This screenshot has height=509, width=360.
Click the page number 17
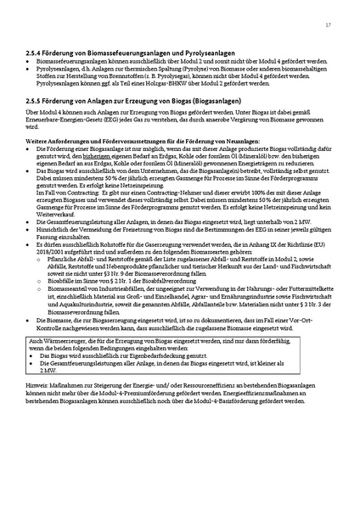(x=328, y=25)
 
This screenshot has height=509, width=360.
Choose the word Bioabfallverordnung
(x=136, y=282)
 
